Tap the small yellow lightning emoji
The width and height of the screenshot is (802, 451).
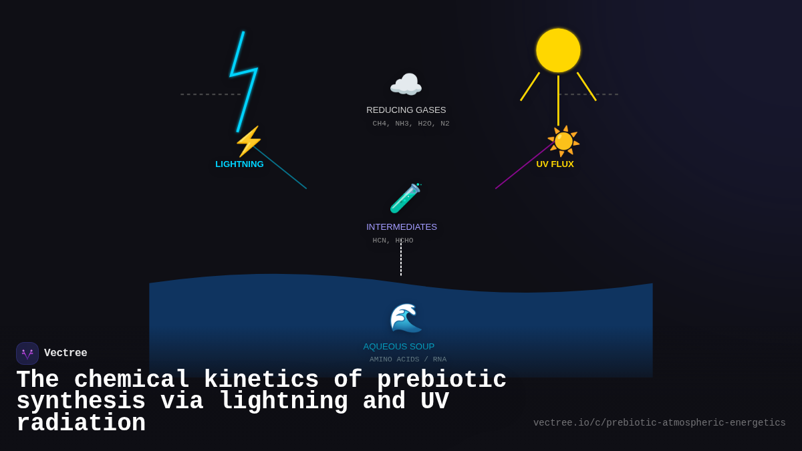(248, 142)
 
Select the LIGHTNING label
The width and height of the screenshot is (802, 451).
(239, 164)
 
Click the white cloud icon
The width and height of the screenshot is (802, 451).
(406, 86)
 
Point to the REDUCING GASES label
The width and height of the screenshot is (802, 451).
(406, 110)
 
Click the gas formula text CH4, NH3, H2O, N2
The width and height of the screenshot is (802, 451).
(410, 124)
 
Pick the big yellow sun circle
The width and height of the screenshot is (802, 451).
(558, 50)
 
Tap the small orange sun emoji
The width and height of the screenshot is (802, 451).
(563, 141)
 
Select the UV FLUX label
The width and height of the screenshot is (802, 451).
(555, 164)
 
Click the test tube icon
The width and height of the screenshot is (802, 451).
(405, 198)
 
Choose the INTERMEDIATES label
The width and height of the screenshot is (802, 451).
(401, 227)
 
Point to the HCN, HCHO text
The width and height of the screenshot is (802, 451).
(392, 241)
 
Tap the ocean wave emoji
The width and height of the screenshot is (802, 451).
(406, 318)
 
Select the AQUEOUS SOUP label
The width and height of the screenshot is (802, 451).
(398, 347)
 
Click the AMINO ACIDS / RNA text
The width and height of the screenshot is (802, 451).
(408, 359)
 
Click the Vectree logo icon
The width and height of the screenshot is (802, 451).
(27, 353)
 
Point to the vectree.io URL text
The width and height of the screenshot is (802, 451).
(659, 423)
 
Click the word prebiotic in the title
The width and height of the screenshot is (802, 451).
(441, 380)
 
